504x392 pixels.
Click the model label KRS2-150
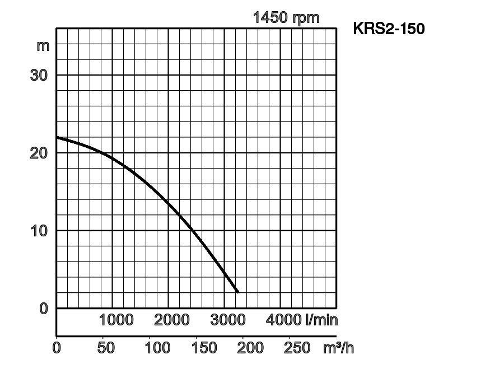point(389,28)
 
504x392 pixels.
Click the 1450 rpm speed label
point(286,17)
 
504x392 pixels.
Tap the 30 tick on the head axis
point(39,75)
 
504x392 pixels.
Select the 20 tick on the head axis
point(39,152)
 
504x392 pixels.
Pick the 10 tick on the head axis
point(39,230)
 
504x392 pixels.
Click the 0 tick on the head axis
point(44,308)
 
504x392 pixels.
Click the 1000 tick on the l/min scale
point(116,320)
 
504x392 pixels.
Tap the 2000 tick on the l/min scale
point(172,320)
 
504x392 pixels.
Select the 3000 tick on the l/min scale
point(228,320)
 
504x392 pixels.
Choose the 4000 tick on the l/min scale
point(284,320)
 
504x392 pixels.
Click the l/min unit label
point(322,320)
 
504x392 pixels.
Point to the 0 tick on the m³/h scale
point(57,348)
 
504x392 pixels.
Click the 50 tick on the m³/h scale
point(106,348)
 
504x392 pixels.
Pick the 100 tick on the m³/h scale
point(157,348)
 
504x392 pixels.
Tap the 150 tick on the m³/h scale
point(204,348)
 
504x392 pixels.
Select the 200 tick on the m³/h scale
point(250,348)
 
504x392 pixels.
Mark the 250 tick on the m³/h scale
point(297,348)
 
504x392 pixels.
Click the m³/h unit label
point(339,348)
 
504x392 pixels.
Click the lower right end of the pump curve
point(237,292)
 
